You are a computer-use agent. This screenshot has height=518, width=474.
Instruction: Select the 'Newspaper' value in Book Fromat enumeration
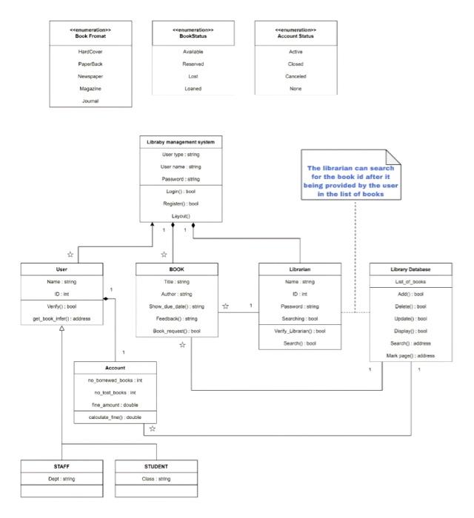[90, 76]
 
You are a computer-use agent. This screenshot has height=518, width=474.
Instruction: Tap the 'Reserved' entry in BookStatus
[193, 64]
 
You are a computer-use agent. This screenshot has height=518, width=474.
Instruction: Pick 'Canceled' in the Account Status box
[296, 76]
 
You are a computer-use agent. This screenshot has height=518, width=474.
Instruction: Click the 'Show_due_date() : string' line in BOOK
[177, 306]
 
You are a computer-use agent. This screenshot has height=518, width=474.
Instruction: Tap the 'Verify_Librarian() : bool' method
[300, 331]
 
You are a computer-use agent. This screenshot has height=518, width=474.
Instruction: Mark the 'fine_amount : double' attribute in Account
[115, 404]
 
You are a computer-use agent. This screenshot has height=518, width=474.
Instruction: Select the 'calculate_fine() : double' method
[115, 417]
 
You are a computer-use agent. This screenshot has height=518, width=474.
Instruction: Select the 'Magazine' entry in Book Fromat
[90, 89]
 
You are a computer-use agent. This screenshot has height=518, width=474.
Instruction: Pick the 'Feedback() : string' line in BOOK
[177, 318]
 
